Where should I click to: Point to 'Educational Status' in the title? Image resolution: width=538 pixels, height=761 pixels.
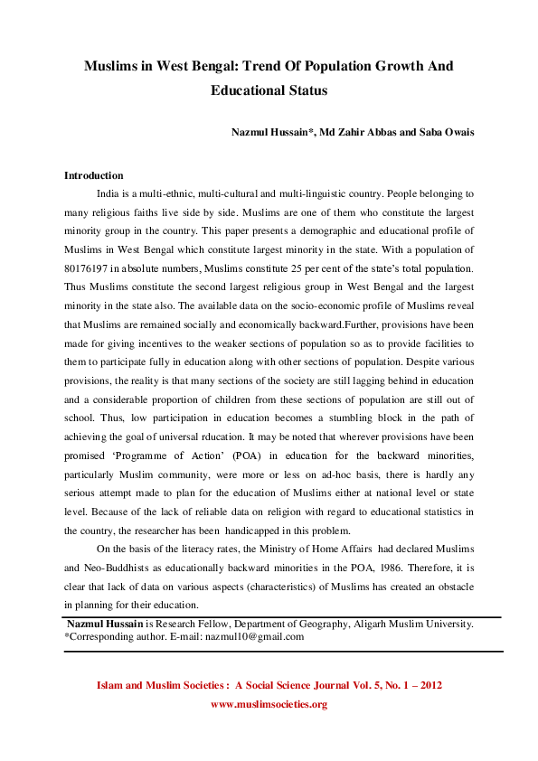coord(269,90)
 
